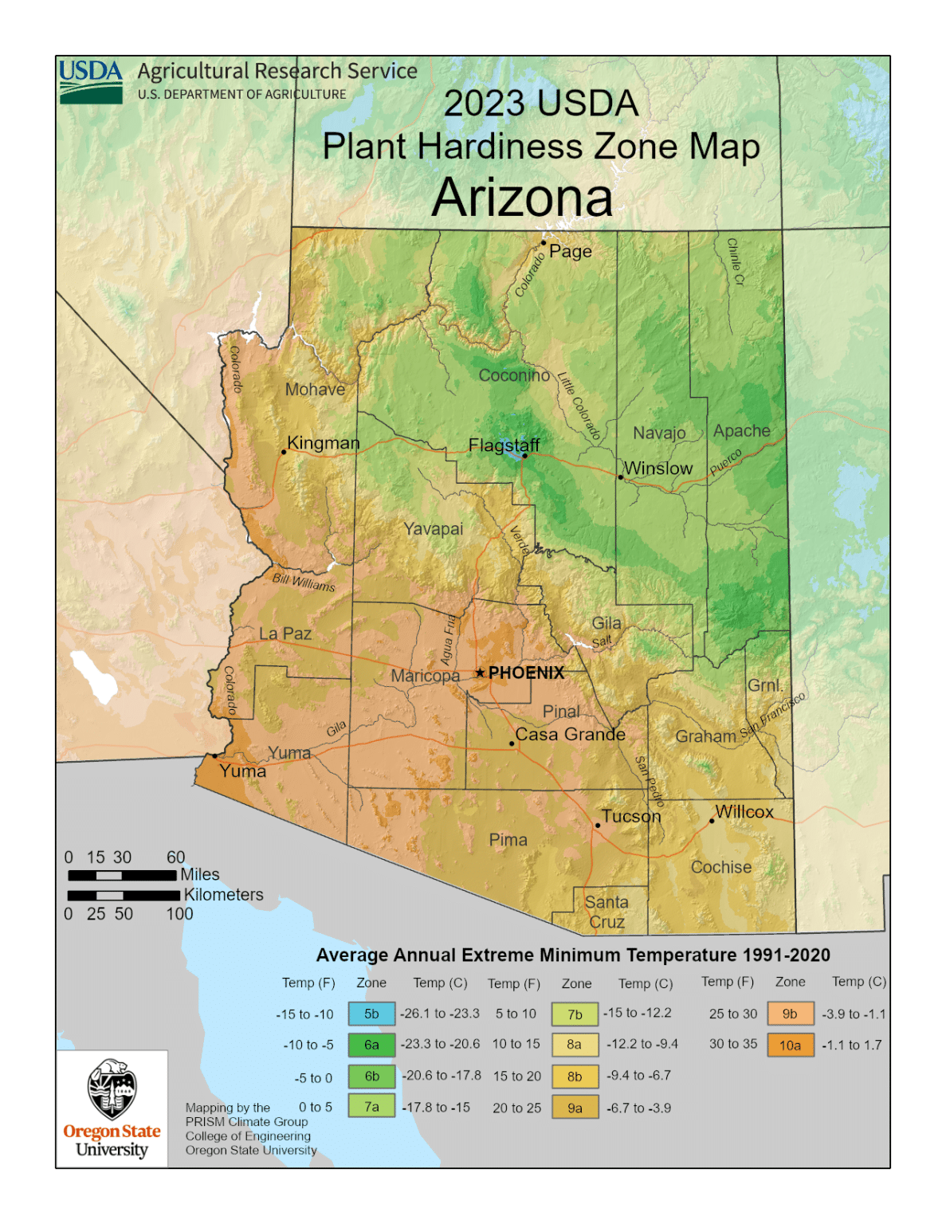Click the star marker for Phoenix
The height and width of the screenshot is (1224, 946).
coord(480,673)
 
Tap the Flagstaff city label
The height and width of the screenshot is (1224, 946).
coord(504,445)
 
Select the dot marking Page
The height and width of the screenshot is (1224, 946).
coord(544,243)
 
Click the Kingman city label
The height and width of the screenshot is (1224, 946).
coord(323,442)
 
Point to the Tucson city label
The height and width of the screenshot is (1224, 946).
coord(631,816)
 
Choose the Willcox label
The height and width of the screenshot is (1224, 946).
coord(744,811)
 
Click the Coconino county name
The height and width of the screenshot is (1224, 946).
coord(514,375)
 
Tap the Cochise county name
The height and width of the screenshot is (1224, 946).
coord(720,867)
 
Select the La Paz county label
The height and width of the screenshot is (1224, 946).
coord(285,634)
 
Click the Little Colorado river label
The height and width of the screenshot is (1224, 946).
coord(579,406)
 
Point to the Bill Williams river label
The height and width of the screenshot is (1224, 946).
coord(304,582)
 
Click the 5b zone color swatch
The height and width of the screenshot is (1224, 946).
coord(371,1014)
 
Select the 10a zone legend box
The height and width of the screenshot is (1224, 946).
coord(790,1045)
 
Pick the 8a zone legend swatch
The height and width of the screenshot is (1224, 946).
coord(575,1044)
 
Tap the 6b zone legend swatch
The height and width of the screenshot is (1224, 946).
coord(371,1076)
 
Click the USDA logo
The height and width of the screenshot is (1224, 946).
coord(91,81)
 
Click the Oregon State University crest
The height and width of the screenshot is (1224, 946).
coord(112,1089)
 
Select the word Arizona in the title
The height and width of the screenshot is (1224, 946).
coord(522,198)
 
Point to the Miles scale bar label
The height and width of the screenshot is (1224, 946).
coord(199,874)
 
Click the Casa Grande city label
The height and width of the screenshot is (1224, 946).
coord(570,734)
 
